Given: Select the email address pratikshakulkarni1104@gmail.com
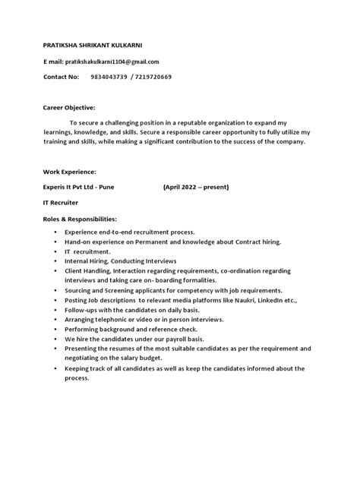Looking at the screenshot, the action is point(113,61).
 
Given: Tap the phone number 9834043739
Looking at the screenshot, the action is point(108,77).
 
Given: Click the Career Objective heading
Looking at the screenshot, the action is point(68,108).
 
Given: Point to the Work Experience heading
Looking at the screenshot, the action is point(69,172).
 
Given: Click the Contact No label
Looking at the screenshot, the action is point(61,77).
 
